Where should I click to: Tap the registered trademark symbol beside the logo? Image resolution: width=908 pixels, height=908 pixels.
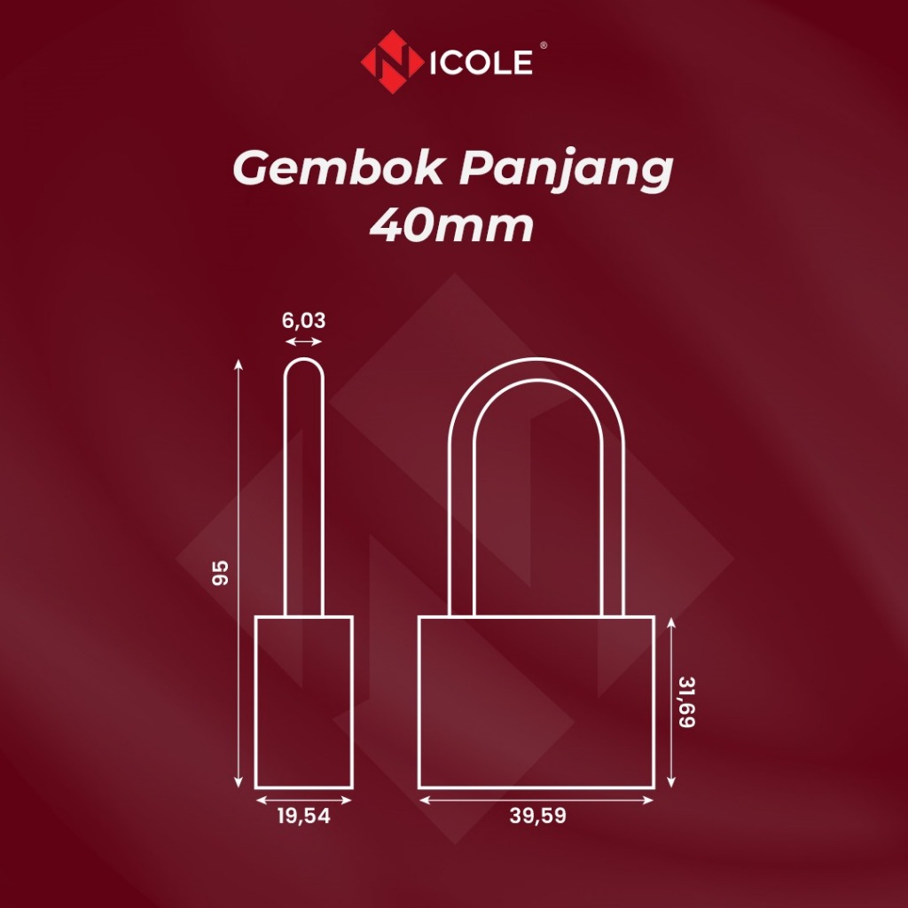pyautogui.click(x=542, y=51)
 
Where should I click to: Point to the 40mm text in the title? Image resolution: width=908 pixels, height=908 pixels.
pyautogui.click(x=452, y=227)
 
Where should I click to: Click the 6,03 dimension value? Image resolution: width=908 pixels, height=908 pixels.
pyautogui.click(x=304, y=320)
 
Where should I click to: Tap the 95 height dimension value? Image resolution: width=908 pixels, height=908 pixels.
pyautogui.click(x=221, y=573)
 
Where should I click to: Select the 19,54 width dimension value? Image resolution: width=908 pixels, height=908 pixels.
pyautogui.click(x=303, y=817)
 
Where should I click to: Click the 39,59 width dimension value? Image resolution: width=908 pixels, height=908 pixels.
pyautogui.click(x=537, y=817)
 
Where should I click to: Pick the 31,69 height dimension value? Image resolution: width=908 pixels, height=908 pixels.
pyautogui.click(x=685, y=701)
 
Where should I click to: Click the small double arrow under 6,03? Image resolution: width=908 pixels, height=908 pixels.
pyautogui.click(x=304, y=340)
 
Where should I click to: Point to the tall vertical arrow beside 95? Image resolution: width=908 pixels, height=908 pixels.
pyautogui.click(x=238, y=573)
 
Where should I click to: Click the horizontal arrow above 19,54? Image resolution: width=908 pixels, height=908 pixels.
pyautogui.click(x=303, y=800)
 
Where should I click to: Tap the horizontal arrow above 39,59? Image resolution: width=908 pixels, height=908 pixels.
pyautogui.click(x=536, y=800)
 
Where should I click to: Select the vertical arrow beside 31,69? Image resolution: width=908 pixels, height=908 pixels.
pyautogui.click(x=673, y=702)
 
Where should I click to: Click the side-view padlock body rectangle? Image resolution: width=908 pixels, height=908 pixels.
pyautogui.click(x=303, y=701)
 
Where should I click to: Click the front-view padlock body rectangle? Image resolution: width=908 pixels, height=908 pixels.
pyautogui.click(x=536, y=701)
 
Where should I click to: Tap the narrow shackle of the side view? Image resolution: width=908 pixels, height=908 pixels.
pyautogui.click(x=304, y=488)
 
